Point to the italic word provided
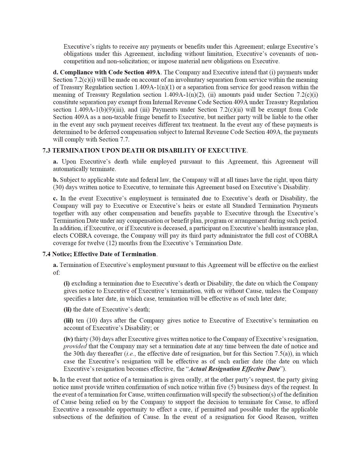click(x=75, y=346)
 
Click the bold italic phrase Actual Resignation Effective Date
click(x=234, y=369)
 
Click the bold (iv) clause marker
click(x=68, y=339)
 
